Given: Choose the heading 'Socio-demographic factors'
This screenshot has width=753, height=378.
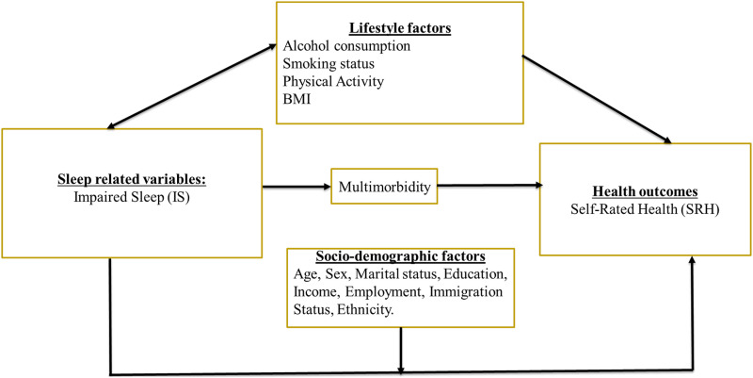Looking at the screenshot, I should pyautogui.click(x=401, y=256).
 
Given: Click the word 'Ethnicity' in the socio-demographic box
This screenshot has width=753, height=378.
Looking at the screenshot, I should pyautogui.click(x=368, y=308).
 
